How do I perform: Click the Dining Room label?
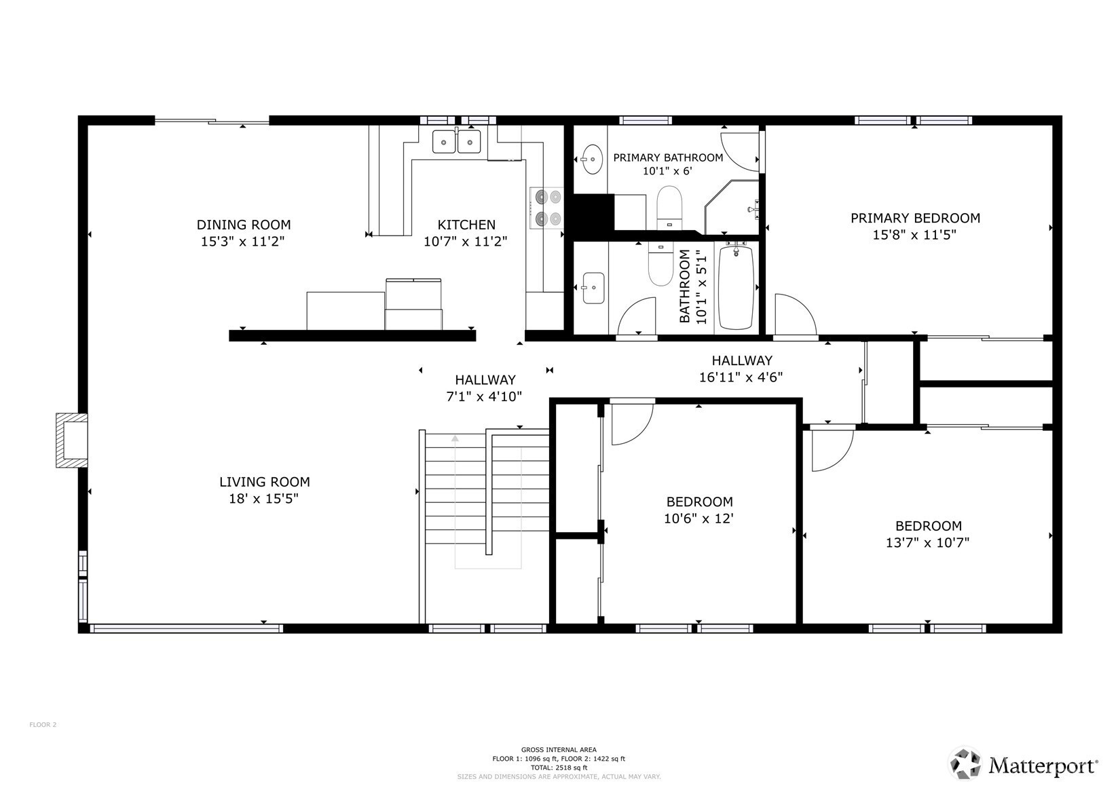point(244,225)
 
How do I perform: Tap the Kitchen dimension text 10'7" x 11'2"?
point(466,242)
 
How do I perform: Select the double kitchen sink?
point(456,141)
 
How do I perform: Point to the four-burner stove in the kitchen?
point(546,208)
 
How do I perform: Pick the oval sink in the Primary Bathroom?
point(593,159)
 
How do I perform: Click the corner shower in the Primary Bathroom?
point(732,208)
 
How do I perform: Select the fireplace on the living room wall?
point(72,440)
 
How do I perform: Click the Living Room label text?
point(265,482)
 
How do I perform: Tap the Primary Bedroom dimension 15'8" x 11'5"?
point(914,235)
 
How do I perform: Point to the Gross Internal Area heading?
point(559,749)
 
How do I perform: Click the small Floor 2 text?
point(43,725)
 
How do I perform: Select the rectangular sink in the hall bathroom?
point(593,288)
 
